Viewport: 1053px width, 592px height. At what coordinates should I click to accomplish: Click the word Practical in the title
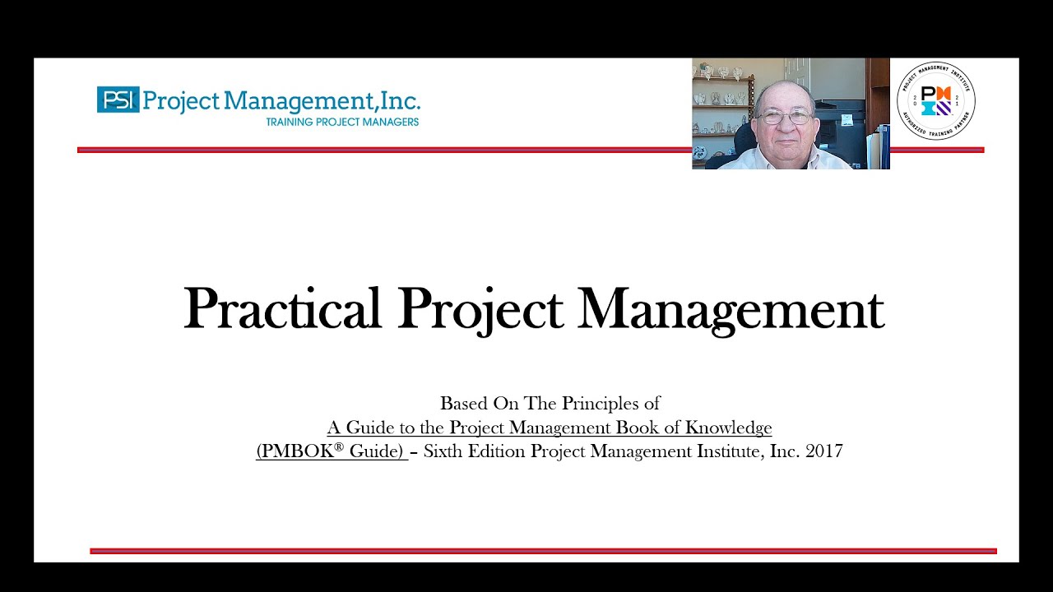[282, 310]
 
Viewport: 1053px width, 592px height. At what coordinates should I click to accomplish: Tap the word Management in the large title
[731, 310]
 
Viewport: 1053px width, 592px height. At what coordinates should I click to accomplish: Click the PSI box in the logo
[118, 99]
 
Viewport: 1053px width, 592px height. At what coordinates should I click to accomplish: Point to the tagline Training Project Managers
[342, 123]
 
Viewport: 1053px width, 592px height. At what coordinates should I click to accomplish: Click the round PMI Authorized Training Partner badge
[935, 101]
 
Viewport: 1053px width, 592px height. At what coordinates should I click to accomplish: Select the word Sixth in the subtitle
[443, 451]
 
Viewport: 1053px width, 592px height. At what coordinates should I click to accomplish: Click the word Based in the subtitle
[463, 404]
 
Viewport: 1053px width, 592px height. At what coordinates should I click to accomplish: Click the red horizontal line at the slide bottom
[543, 551]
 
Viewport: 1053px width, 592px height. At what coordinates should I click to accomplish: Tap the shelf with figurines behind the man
[721, 105]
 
